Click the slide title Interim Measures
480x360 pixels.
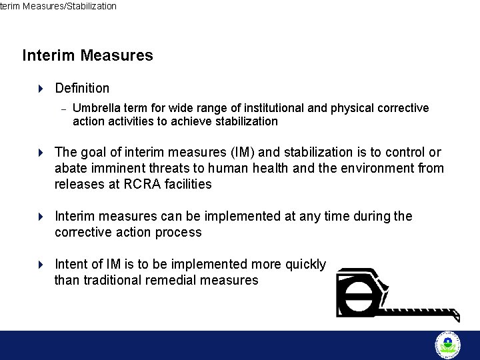point(87,55)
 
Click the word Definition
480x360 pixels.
point(82,88)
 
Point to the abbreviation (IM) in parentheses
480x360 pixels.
point(231,152)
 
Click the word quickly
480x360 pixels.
point(305,264)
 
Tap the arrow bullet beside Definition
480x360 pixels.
point(40,88)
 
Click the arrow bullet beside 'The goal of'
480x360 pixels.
point(40,152)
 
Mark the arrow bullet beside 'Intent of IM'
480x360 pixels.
point(40,264)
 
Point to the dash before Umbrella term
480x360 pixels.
point(62,109)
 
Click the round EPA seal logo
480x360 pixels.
point(447,345)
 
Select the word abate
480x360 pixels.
point(71,168)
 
